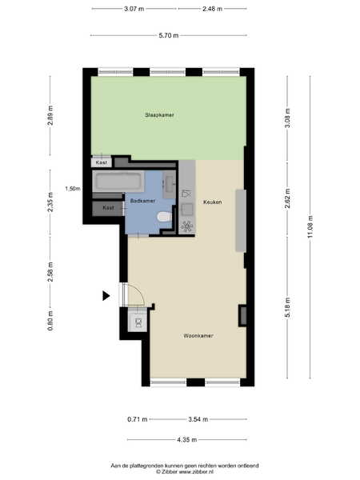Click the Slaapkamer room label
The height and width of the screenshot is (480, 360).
pos(159,115)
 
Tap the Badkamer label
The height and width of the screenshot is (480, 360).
pos(142,201)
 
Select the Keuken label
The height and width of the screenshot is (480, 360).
pos(213,202)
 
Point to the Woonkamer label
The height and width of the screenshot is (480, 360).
pos(198,336)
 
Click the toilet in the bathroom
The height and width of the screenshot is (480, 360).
pos(164,217)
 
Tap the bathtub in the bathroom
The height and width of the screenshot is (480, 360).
pos(118,182)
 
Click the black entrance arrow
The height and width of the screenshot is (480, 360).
pos(106,296)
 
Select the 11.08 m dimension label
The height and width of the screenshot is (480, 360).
pos(310,227)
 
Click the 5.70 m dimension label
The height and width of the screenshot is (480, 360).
pos(168,35)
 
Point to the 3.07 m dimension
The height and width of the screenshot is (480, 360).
pos(134,9)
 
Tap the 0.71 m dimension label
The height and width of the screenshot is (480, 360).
pos(138,419)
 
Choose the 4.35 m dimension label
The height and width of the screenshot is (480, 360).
pos(186,440)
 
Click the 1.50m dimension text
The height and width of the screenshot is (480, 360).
pos(73,189)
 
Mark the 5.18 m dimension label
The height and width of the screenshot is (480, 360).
pos(287,307)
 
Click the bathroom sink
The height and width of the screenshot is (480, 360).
pos(170,185)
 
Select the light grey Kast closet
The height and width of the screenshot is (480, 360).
pos(102,162)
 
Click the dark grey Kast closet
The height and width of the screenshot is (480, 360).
pos(108,209)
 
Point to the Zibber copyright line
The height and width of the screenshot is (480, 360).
pos(185,472)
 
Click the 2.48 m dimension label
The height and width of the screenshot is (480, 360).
pos(212,9)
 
